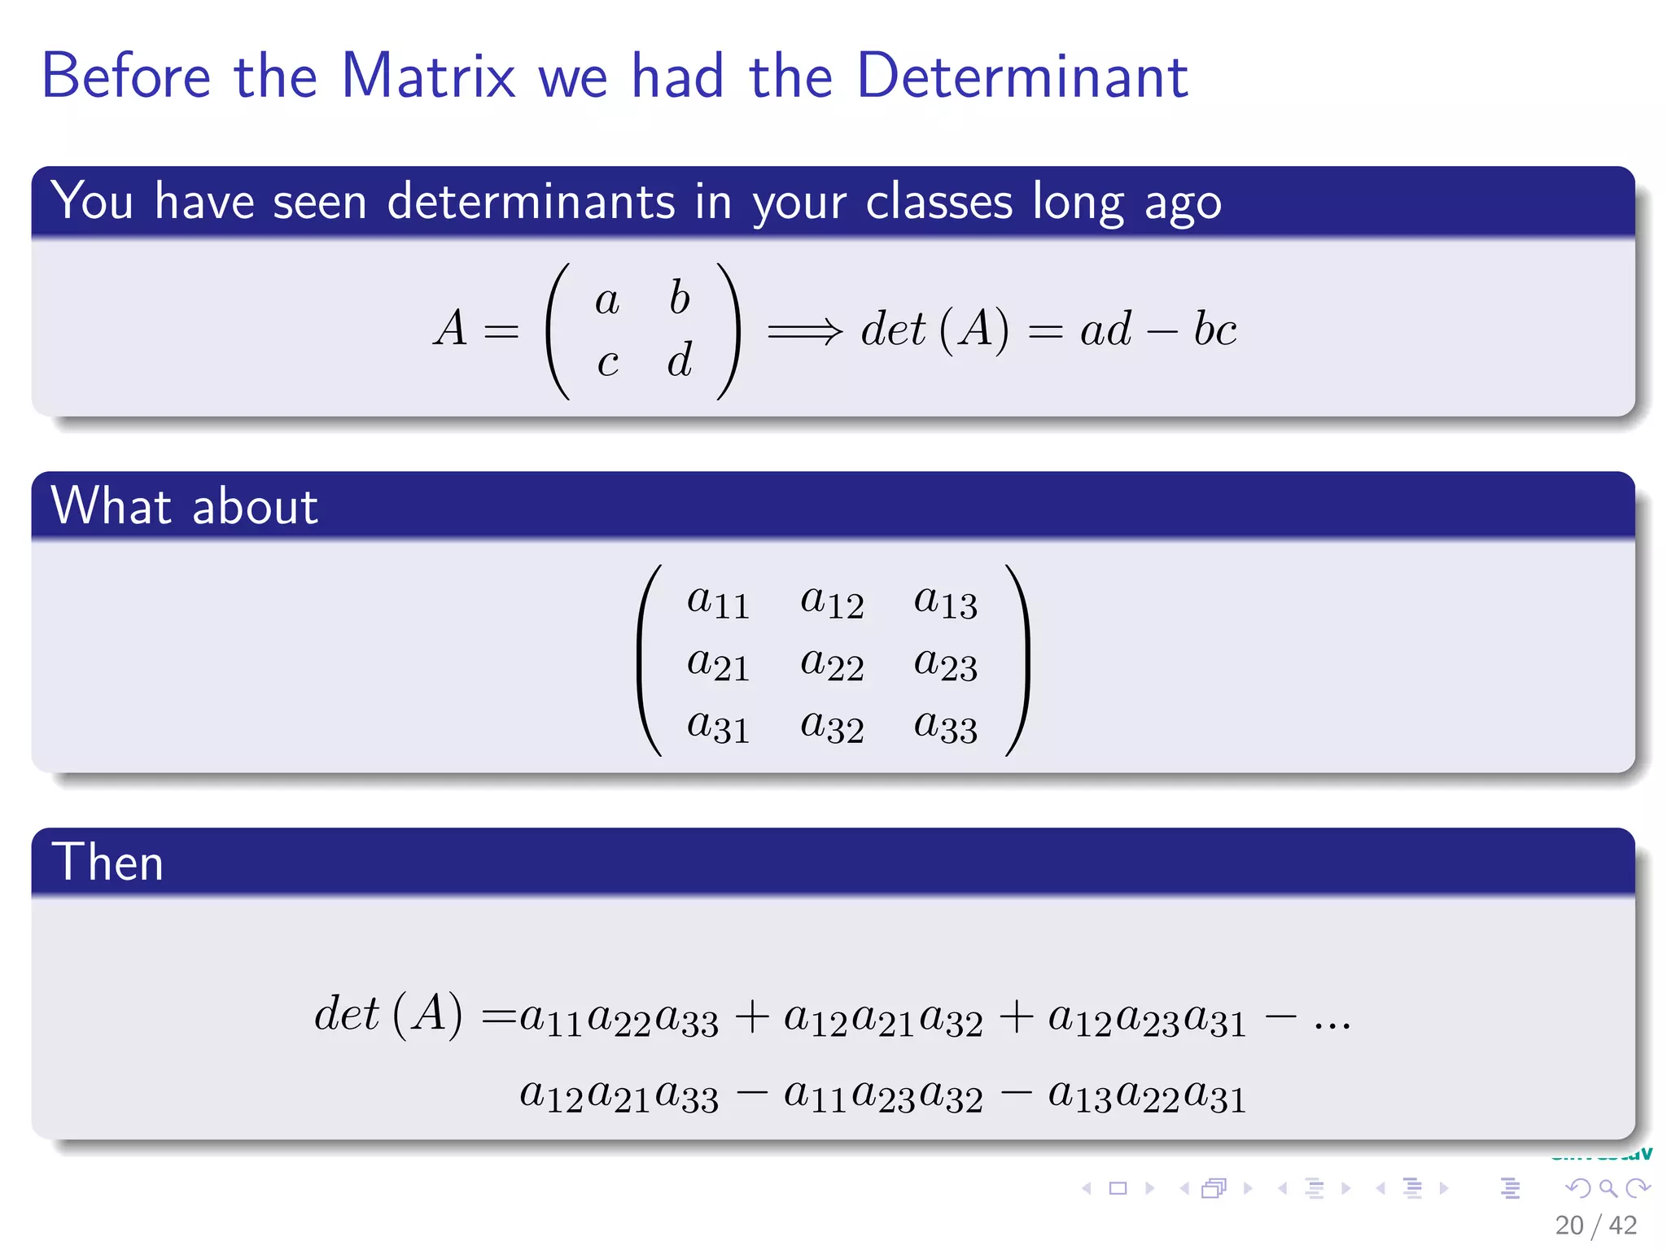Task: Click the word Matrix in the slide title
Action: (x=428, y=76)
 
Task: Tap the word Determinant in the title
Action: (x=1022, y=76)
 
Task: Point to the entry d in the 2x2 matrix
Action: (x=680, y=360)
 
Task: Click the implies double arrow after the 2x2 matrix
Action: (x=804, y=330)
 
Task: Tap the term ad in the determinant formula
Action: (x=1105, y=330)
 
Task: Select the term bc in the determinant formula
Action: (x=1214, y=330)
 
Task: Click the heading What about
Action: (x=185, y=506)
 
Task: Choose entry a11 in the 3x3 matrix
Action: (x=717, y=602)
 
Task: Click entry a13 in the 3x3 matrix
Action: (x=944, y=602)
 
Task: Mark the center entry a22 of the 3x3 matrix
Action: (x=831, y=664)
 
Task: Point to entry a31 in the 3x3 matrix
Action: (x=717, y=726)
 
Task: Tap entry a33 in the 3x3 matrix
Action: (x=944, y=726)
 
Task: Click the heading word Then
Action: (x=107, y=863)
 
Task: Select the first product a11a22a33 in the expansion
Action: (x=619, y=1019)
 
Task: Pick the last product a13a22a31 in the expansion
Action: (x=1146, y=1095)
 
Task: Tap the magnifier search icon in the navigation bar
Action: (x=1608, y=1189)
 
